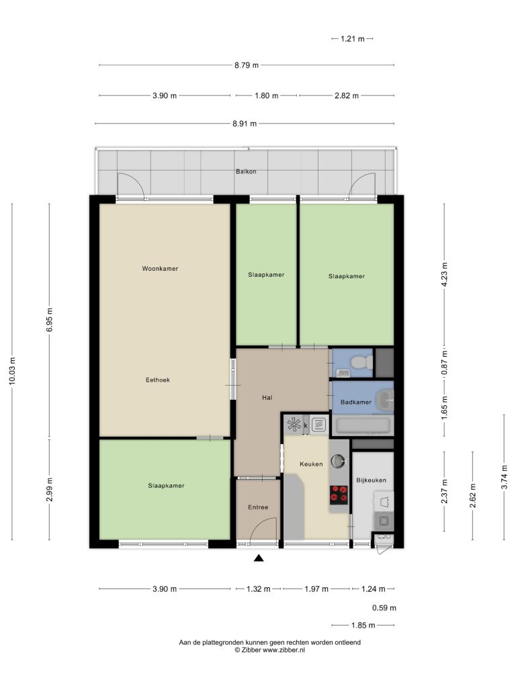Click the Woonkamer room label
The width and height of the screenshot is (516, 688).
tap(160, 269)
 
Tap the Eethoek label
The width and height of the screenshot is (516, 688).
tap(157, 380)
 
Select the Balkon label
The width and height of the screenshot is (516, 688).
tap(246, 171)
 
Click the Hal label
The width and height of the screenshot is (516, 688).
tap(267, 398)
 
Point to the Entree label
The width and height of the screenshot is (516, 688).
tap(258, 507)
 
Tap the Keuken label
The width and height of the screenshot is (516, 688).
tap(311, 464)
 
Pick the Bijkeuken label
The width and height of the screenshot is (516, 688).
tap(371, 480)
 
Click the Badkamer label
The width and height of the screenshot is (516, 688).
tap(356, 402)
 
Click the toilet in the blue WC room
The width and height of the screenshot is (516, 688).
tap(361, 362)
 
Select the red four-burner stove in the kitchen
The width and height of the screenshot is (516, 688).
tap(339, 494)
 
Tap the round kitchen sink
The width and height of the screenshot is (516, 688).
tap(338, 461)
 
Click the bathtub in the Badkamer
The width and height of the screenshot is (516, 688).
tap(362, 425)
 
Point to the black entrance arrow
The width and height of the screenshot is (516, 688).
tap(259, 558)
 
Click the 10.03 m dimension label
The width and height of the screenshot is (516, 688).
tap(12, 371)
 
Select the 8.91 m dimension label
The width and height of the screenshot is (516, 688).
tap(245, 124)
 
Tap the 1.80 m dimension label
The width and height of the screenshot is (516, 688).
tap(266, 95)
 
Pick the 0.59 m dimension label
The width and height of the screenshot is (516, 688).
tap(384, 608)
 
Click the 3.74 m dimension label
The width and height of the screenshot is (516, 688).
tap(505, 477)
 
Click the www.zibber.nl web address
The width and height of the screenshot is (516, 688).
tap(284, 650)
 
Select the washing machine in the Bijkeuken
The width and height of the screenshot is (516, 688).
tap(384, 521)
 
